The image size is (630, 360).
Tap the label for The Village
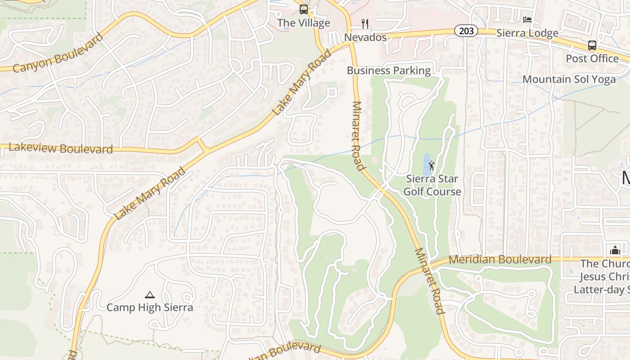(304, 23)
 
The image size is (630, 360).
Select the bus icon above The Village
(304, 9)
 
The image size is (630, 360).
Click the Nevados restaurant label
(365, 37)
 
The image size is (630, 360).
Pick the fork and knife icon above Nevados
(365, 23)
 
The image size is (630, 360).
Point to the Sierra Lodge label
(527, 33)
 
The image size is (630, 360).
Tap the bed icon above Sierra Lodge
(527, 20)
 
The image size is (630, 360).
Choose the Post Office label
(592, 58)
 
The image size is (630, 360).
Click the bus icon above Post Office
(592, 45)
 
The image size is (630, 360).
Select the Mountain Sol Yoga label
(569, 79)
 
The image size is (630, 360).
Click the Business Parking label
(389, 70)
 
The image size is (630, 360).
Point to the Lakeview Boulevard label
(61, 148)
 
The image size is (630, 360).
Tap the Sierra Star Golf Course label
(432, 185)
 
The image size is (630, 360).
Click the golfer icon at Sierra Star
(432, 166)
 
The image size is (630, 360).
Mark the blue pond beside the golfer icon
(426, 164)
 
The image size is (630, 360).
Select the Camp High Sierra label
(150, 307)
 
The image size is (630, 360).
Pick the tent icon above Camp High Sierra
(150, 295)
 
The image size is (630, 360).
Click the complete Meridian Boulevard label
(500, 259)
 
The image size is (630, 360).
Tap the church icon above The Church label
(615, 250)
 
